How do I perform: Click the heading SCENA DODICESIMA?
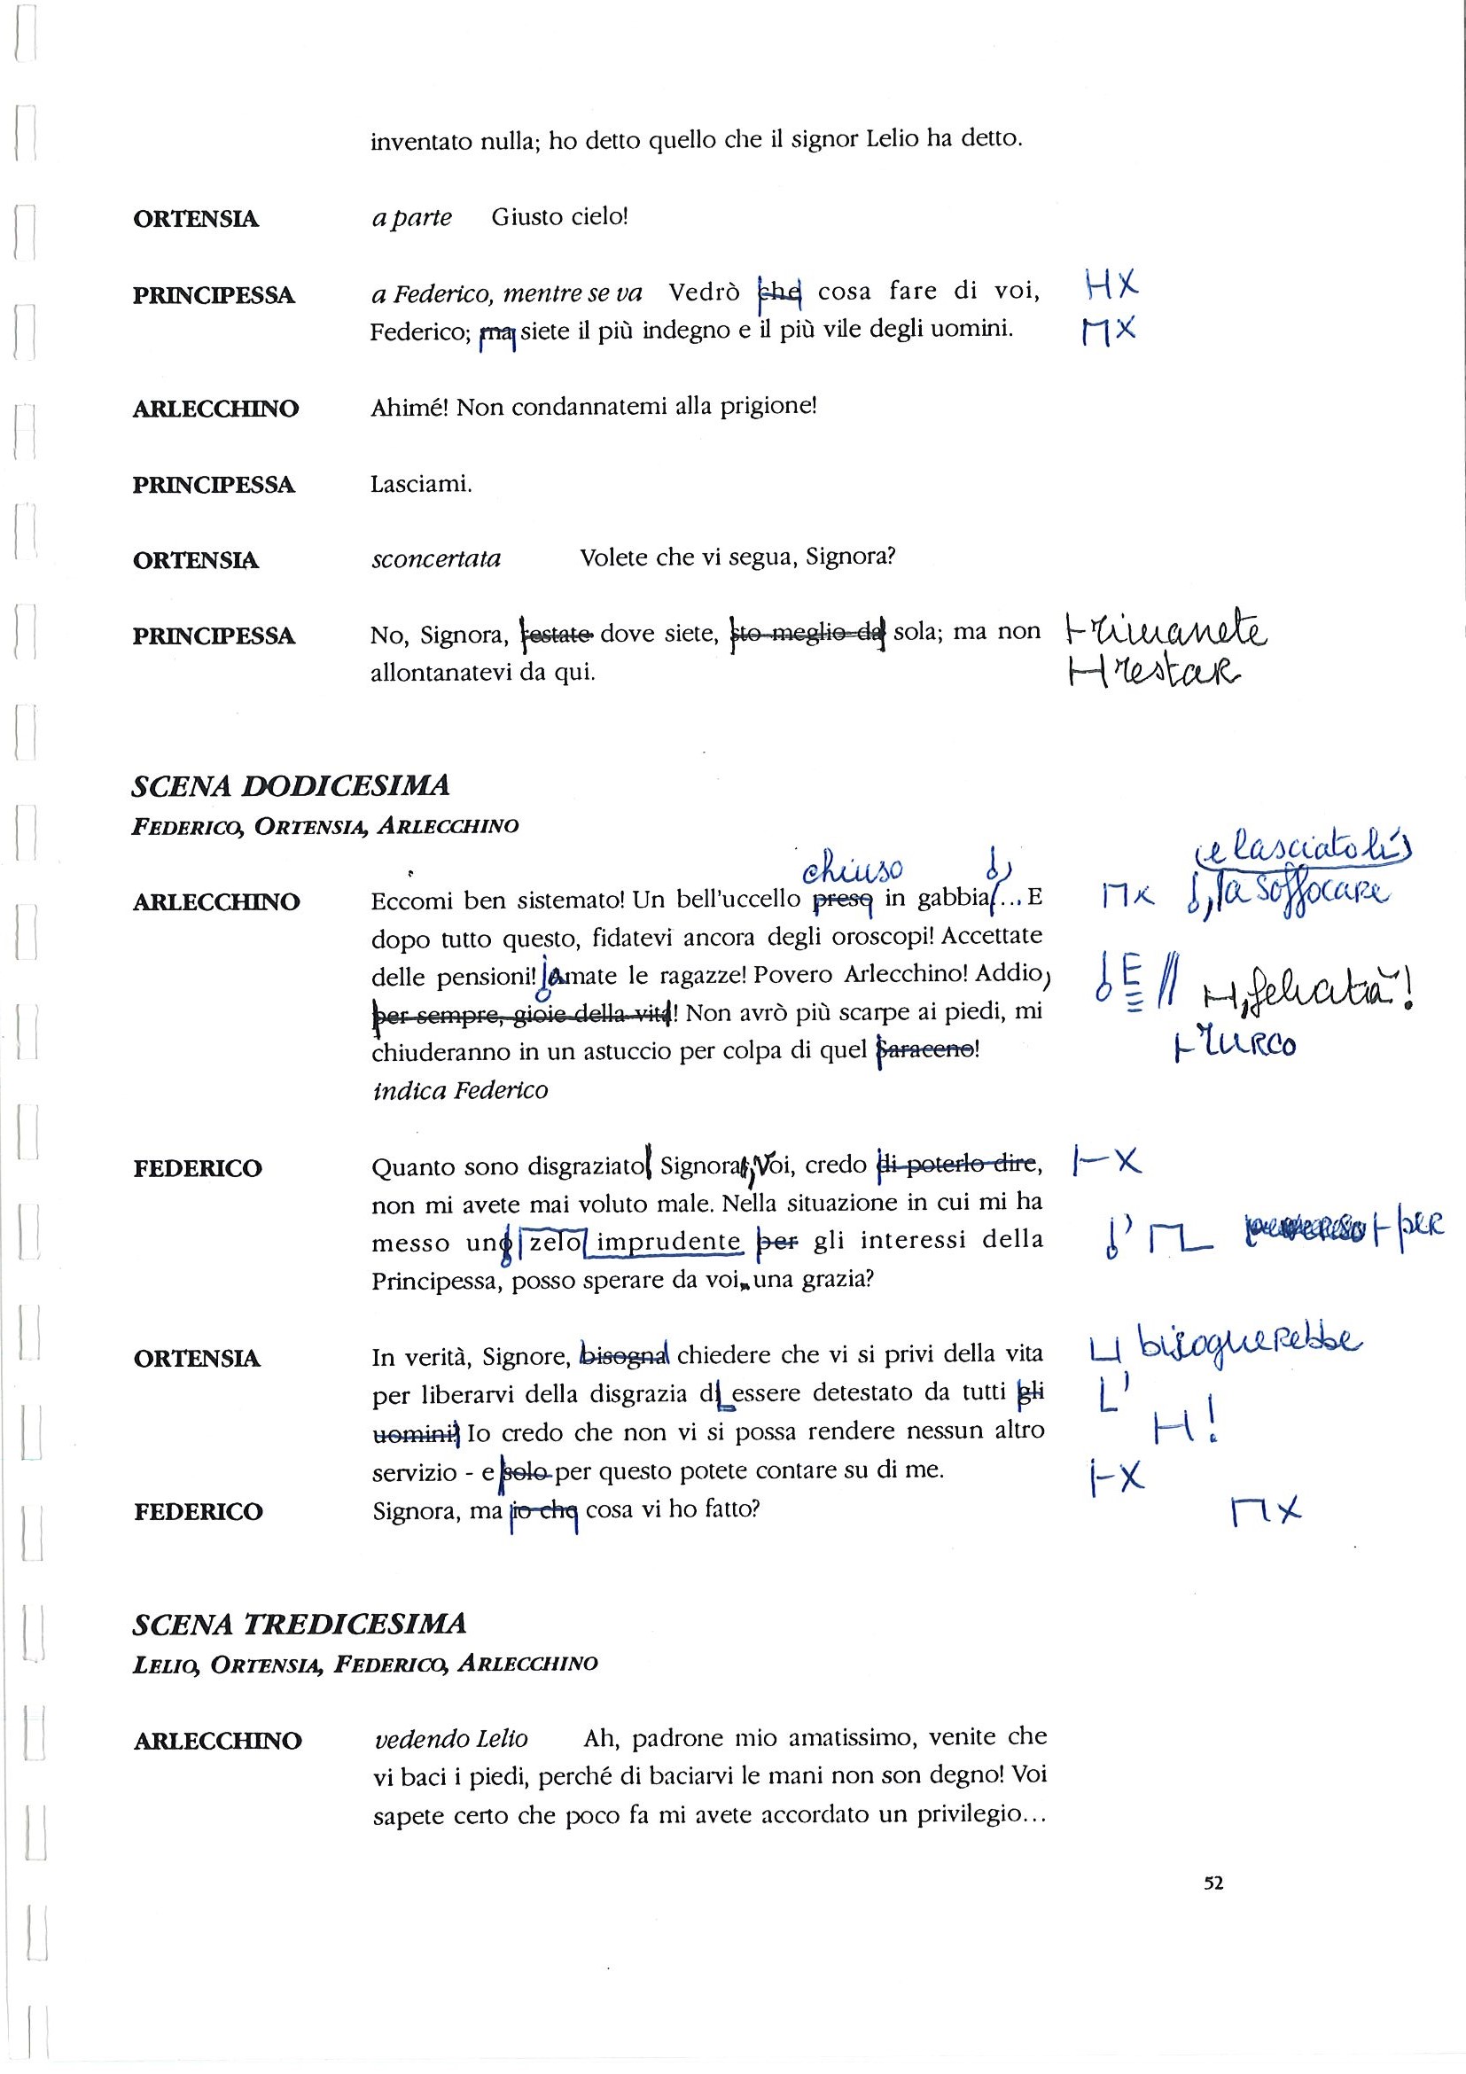[x=290, y=786]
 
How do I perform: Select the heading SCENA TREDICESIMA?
[x=299, y=1624]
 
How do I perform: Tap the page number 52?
[x=1213, y=1883]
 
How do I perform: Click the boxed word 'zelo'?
[x=554, y=1242]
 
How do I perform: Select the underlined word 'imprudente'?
[x=668, y=1243]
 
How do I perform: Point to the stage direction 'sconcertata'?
[x=436, y=559]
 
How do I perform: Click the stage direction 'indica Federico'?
[x=460, y=1090]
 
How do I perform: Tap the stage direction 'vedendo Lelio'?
[x=450, y=1739]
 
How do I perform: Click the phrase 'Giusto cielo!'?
[x=559, y=218]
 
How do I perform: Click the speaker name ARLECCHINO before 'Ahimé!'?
[x=216, y=409]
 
